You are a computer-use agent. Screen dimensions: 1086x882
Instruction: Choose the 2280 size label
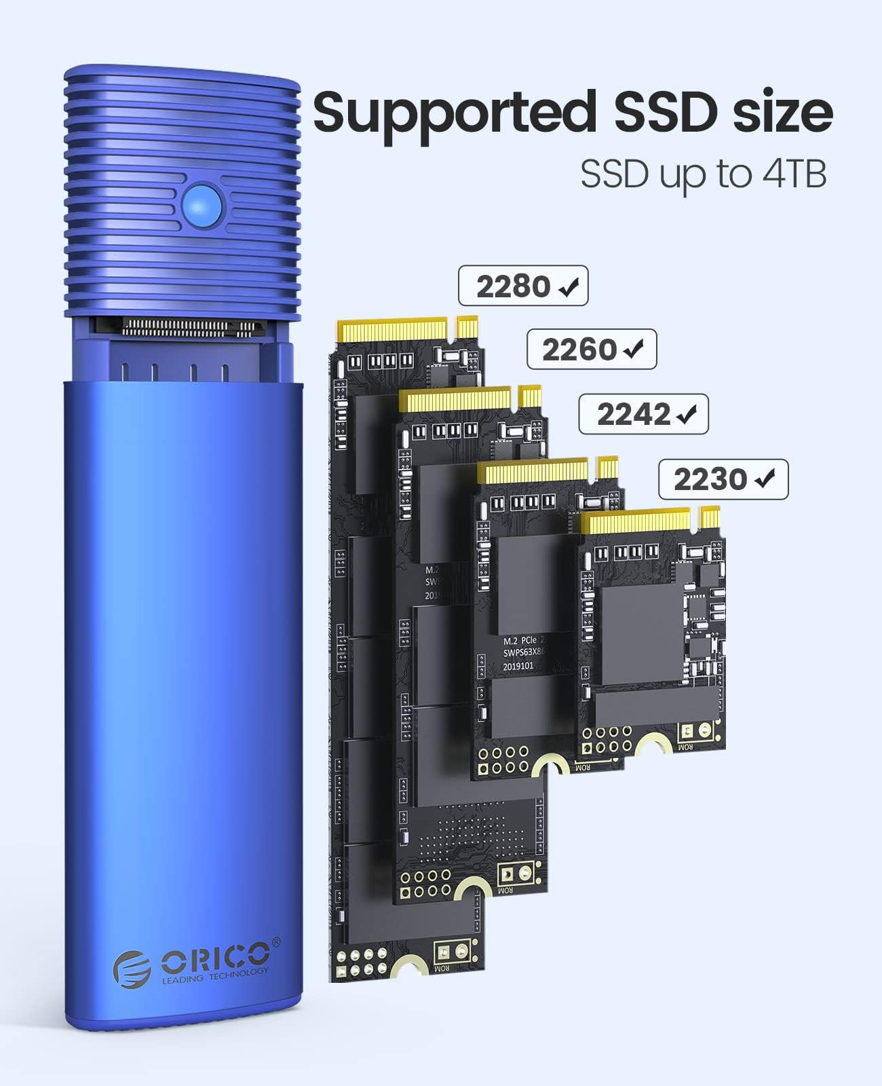513,286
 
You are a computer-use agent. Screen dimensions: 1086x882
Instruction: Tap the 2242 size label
634,415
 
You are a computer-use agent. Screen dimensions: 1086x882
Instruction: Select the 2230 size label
710,480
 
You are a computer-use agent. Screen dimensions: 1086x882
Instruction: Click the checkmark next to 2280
568,288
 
